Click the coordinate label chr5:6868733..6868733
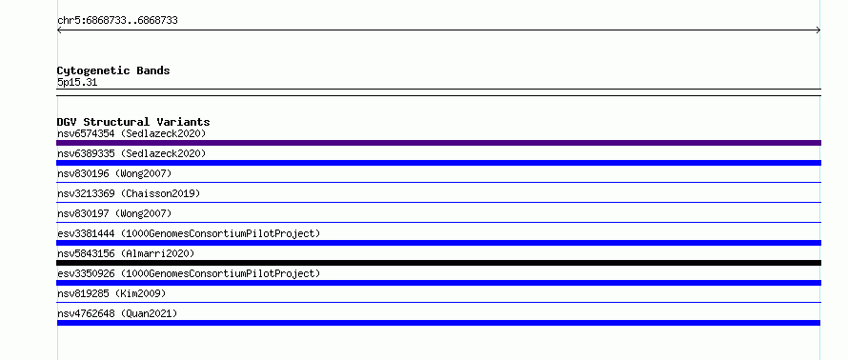tap(117, 21)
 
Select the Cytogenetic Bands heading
tap(113, 70)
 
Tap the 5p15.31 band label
tap(77, 83)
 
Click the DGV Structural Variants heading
tap(133, 122)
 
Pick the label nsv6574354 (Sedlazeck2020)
tap(131, 133)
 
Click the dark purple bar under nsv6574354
tap(438, 143)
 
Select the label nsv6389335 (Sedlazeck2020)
tap(131, 153)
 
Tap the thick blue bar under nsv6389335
tap(438, 163)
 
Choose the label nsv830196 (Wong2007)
tap(114, 173)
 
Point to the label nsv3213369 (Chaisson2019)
tap(129, 193)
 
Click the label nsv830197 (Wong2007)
tap(114, 213)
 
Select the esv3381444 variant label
tap(189, 233)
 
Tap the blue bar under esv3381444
tap(438, 243)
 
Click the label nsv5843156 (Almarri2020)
tap(126, 253)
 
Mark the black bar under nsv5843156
tap(438, 263)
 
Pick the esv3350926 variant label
tap(189, 273)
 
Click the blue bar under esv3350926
tap(438, 283)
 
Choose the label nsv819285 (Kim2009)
tap(111, 293)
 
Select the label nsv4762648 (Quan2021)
tap(117, 313)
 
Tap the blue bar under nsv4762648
tap(438, 323)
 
